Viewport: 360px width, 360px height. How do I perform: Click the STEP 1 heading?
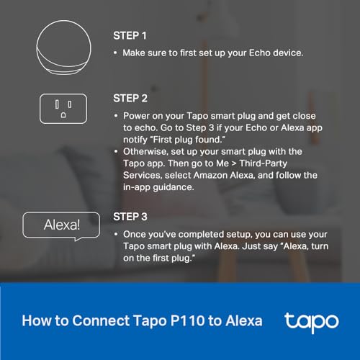pos(130,35)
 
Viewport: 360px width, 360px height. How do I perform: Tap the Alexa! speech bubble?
pos(62,225)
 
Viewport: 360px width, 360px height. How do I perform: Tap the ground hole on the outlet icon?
pos(62,114)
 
